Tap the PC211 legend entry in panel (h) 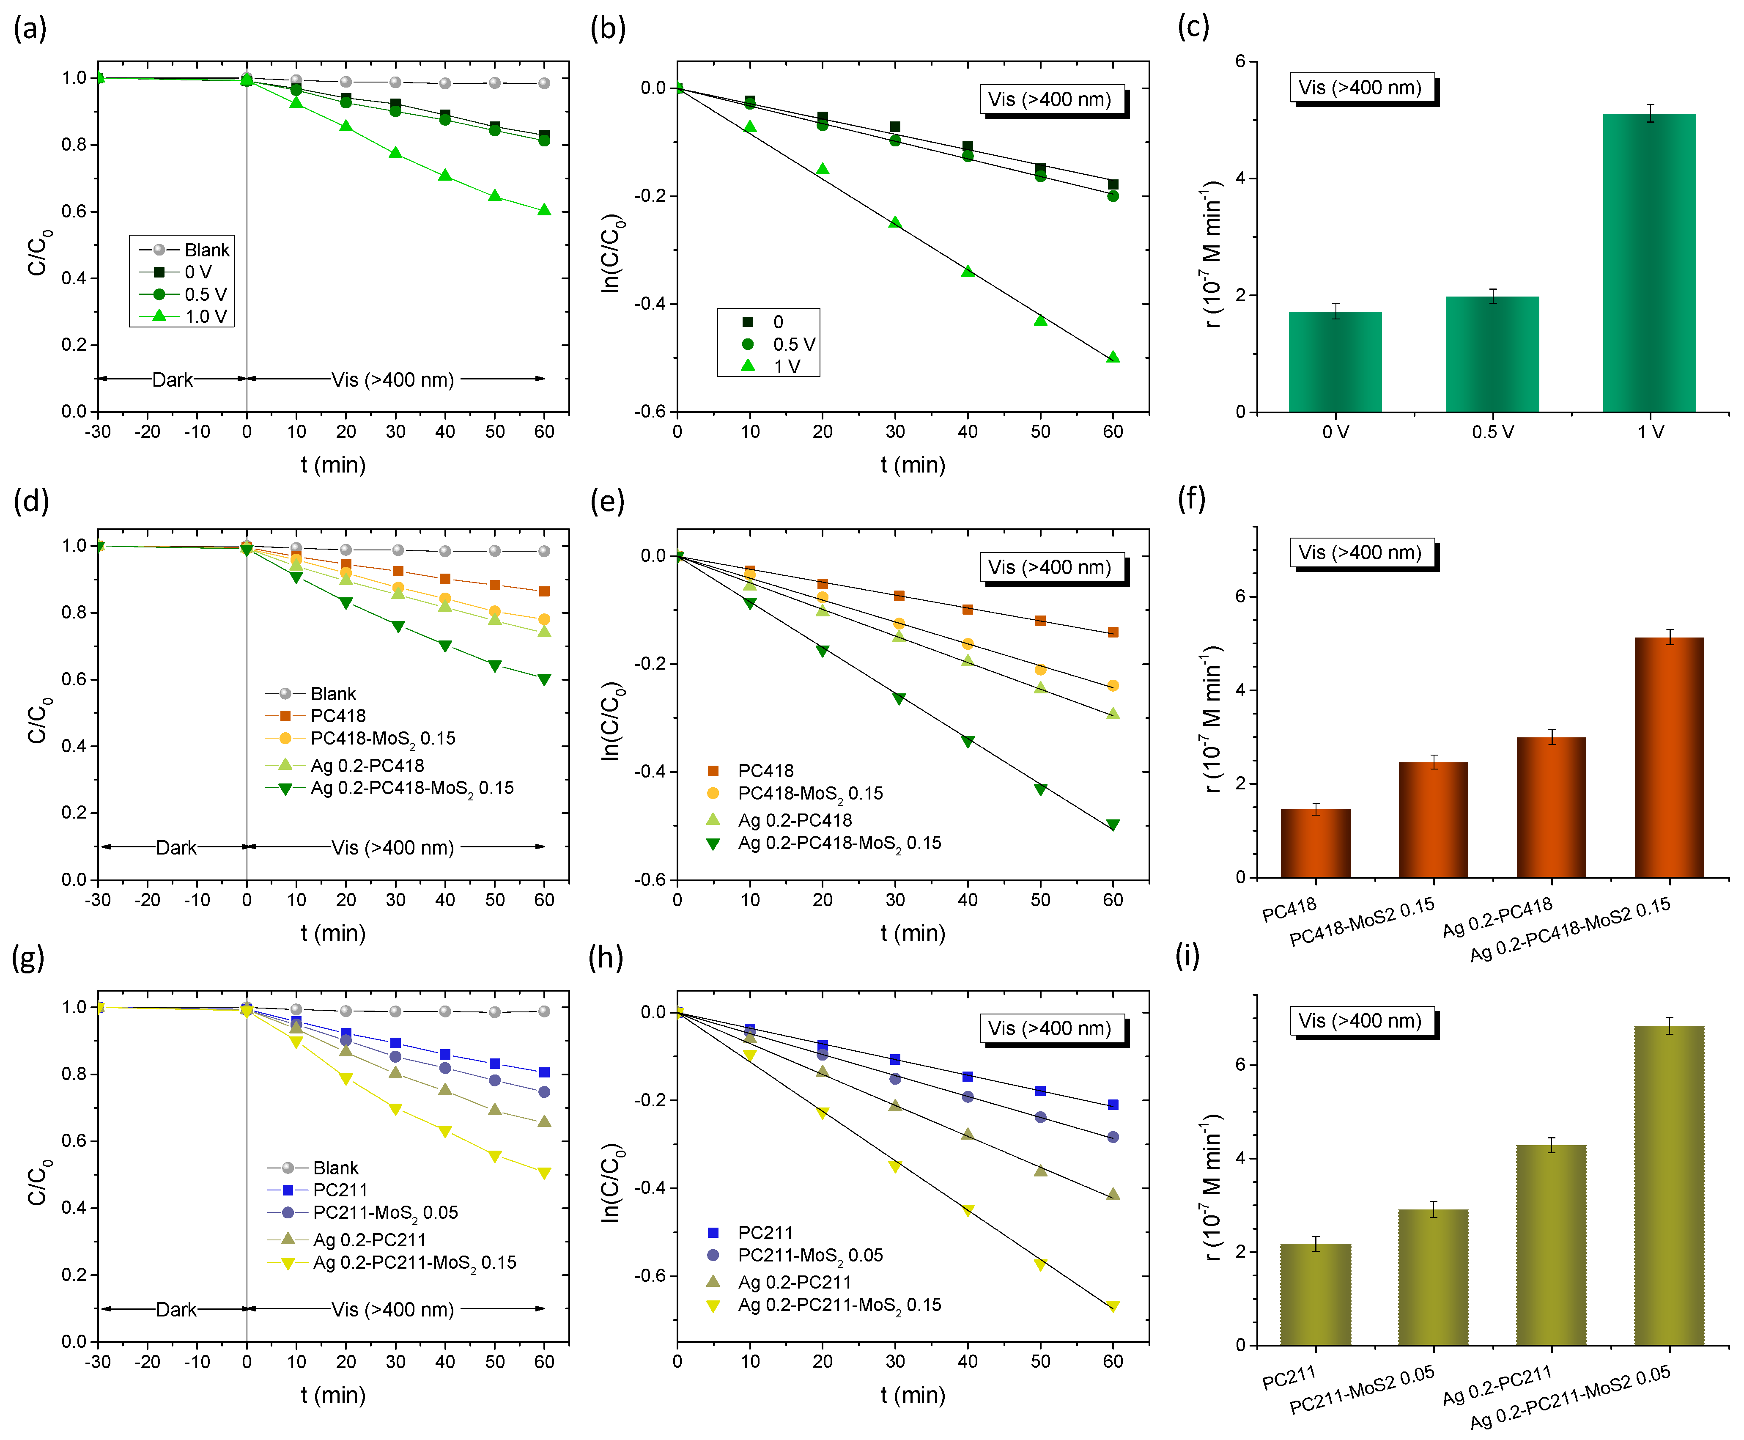click(x=765, y=1233)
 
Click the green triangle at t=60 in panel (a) click(x=544, y=210)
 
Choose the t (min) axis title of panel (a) click(x=332, y=464)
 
